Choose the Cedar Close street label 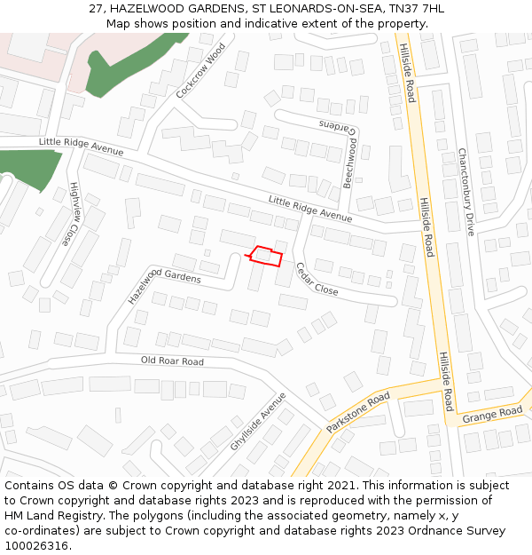(x=317, y=278)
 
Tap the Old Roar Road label (x=172, y=361)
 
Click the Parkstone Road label (x=357, y=413)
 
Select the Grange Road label (x=492, y=414)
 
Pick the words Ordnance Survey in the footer (x=461, y=531)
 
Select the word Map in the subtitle (x=119, y=23)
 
